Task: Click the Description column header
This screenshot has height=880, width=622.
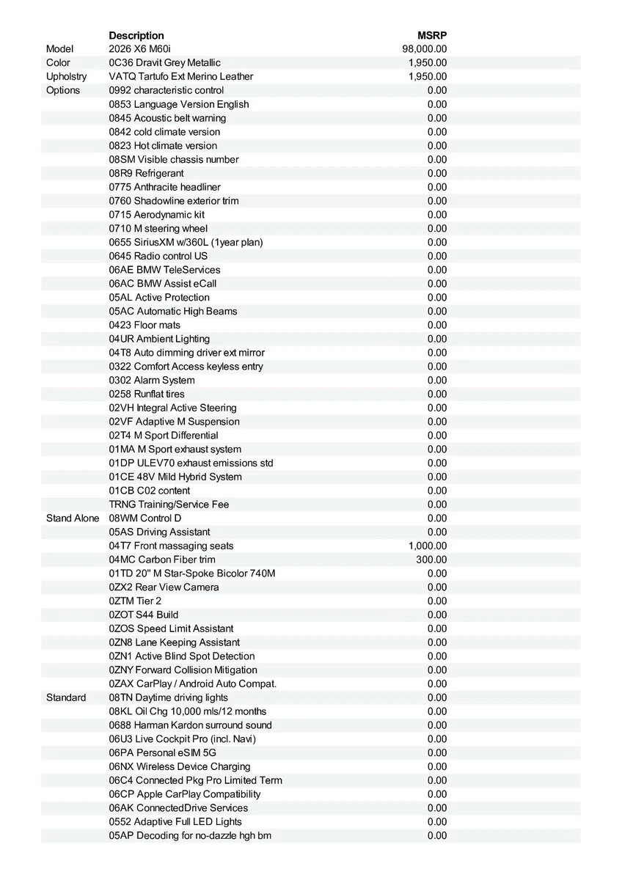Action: (136, 35)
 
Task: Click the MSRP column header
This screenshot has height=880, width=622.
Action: (432, 35)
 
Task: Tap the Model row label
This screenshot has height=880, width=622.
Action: (60, 49)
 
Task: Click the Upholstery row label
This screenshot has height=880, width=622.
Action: (66, 76)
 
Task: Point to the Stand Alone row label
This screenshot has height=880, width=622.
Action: (73, 518)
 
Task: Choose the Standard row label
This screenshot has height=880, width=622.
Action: (66, 697)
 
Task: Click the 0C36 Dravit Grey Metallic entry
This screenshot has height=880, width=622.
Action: (164, 63)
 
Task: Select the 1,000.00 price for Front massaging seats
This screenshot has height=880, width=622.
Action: (428, 546)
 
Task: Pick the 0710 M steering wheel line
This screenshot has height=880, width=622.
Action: (158, 228)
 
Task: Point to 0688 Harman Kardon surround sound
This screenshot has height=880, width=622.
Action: (190, 725)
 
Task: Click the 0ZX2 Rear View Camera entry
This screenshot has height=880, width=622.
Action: (164, 587)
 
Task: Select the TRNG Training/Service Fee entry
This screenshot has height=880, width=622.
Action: (169, 505)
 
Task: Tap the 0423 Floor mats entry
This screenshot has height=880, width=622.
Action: (144, 325)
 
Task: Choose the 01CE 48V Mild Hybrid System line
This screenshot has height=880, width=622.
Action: (175, 477)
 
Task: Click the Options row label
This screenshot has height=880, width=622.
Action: (63, 90)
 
